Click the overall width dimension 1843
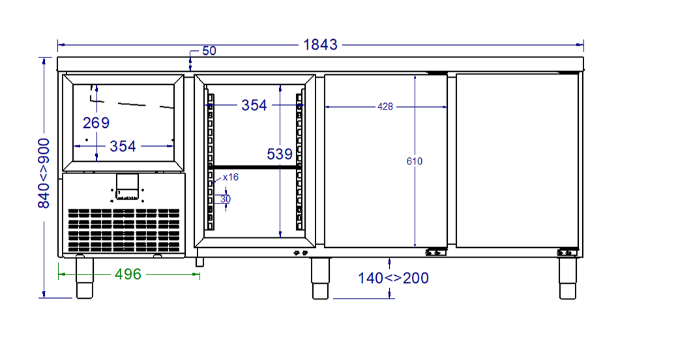[320, 44]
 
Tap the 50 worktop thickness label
[209, 51]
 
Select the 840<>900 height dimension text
[44, 173]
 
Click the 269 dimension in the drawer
[96, 123]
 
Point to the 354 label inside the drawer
[123, 146]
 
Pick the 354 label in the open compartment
[254, 105]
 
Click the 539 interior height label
[280, 154]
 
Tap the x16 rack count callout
[231, 177]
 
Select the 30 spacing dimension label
[225, 199]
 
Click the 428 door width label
[385, 107]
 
